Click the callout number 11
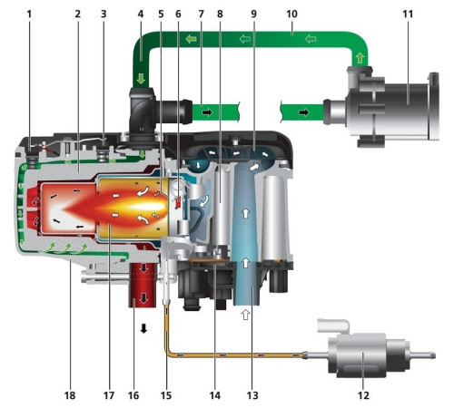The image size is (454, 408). [408, 14]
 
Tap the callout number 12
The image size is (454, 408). [363, 395]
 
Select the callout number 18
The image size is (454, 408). [70, 395]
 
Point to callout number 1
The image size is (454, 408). [29, 14]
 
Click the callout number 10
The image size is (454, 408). [291, 14]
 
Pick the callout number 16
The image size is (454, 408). [133, 395]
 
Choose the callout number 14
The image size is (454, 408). [215, 395]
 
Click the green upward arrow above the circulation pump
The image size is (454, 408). [360, 58]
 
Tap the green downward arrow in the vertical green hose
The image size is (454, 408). [141, 79]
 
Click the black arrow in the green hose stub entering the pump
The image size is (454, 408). [304, 112]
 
